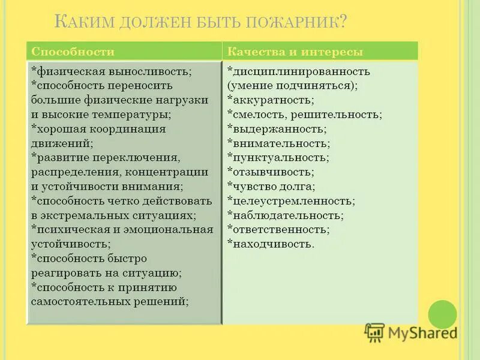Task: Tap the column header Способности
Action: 73,52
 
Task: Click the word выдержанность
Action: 278,129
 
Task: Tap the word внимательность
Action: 280,143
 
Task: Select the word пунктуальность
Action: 279,157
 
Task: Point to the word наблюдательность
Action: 287,215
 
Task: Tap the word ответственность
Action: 280,229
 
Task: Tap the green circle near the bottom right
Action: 443,314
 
